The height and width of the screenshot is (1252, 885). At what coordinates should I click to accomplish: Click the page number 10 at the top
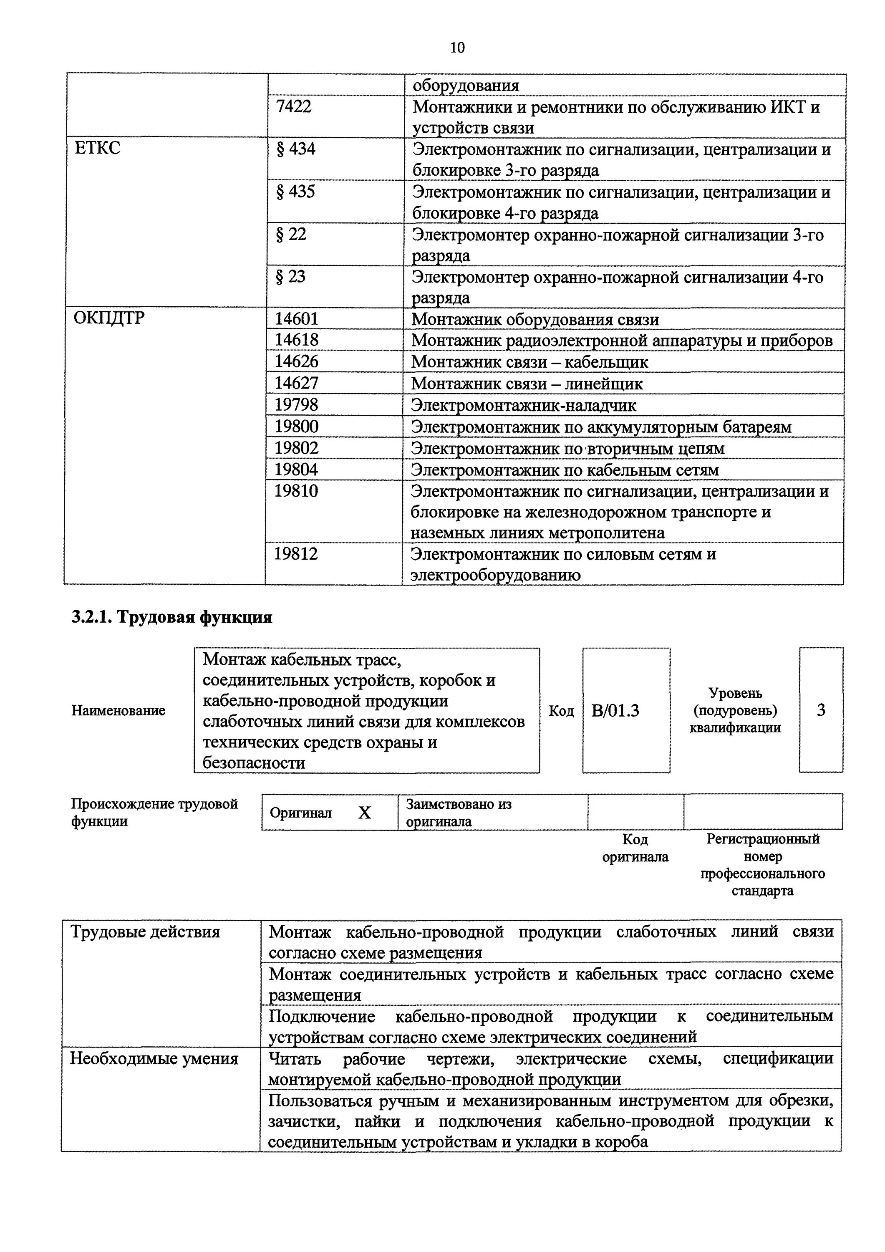[x=457, y=48]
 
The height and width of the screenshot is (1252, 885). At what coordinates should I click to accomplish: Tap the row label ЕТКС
[x=97, y=148]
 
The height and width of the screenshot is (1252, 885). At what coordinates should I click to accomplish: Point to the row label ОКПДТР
[x=109, y=318]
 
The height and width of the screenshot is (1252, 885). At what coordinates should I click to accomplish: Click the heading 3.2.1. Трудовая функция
[x=172, y=617]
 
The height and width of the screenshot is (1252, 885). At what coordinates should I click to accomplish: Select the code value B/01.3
[x=615, y=711]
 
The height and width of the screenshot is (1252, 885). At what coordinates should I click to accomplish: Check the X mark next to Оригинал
[x=364, y=813]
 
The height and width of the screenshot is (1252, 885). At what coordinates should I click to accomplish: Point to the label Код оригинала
[x=635, y=848]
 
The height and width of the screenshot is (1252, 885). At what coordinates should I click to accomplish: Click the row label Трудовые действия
[x=145, y=932]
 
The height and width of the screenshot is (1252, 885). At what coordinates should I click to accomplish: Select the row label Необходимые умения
[x=154, y=1058]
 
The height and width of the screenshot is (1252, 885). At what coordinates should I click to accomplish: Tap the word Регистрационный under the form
[x=762, y=839]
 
